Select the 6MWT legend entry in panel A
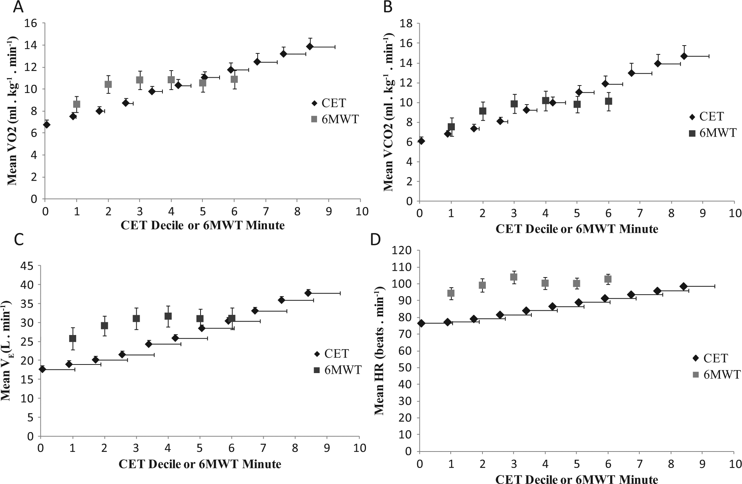[335, 119]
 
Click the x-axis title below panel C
[200, 464]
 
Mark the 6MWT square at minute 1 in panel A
[77, 104]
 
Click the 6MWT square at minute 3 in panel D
[513, 277]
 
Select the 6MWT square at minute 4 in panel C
[168, 316]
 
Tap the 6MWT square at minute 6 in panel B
[609, 101]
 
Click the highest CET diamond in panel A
[310, 46]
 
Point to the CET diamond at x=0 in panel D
[421, 323]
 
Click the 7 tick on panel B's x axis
[640, 212]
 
